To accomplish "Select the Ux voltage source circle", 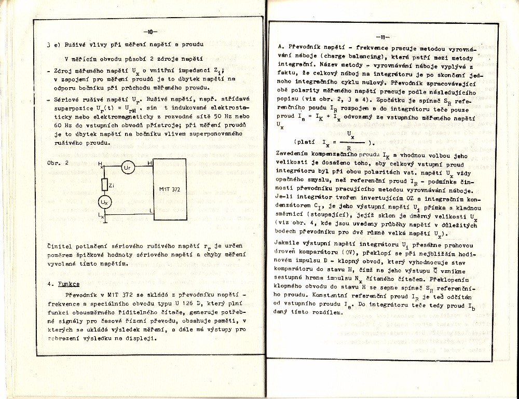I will [x=105, y=201].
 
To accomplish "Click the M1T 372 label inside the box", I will [x=170, y=190].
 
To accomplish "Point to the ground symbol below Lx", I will [x=105, y=222].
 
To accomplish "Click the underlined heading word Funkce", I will [x=69, y=284].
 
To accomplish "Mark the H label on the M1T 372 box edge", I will [x=150, y=163].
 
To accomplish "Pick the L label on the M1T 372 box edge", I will [x=151, y=211].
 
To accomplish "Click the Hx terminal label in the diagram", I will [x=100, y=164].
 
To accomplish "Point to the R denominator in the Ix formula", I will [x=349, y=147].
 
